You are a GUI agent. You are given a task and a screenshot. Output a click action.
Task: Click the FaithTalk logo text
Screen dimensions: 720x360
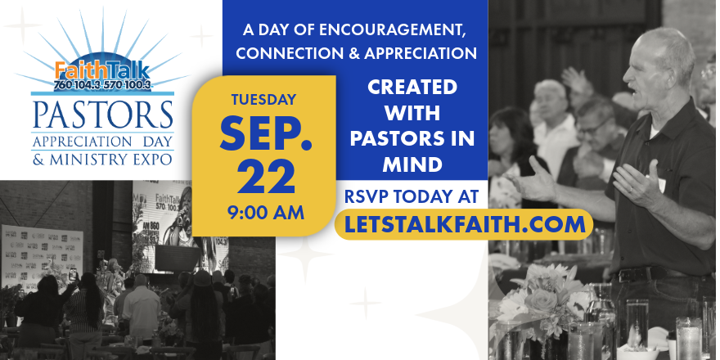(102, 70)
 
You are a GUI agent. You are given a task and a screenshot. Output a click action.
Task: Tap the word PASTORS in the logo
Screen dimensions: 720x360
(103, 115)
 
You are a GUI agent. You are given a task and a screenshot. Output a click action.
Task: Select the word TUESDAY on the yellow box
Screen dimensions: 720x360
(263, 100)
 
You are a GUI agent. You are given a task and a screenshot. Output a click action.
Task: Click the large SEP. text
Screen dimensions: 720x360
(266, 133)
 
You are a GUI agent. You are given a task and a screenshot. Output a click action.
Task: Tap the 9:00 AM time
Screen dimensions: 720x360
(266, 213)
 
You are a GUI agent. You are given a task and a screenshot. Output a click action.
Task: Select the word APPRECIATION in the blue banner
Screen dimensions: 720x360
(421, 53)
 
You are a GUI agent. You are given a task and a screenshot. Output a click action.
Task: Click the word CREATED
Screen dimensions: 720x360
(412, 87)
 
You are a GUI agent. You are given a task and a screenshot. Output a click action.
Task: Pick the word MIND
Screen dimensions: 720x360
(412, 164)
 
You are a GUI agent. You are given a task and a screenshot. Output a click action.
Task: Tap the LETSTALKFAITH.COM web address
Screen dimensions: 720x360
(465, 224)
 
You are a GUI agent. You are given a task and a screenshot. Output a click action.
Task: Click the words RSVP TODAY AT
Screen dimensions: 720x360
(412, 196)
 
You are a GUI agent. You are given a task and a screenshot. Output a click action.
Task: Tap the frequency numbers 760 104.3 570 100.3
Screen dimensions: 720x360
(102, 85)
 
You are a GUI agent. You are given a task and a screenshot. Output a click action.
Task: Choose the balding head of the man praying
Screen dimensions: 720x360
(667, 45)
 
